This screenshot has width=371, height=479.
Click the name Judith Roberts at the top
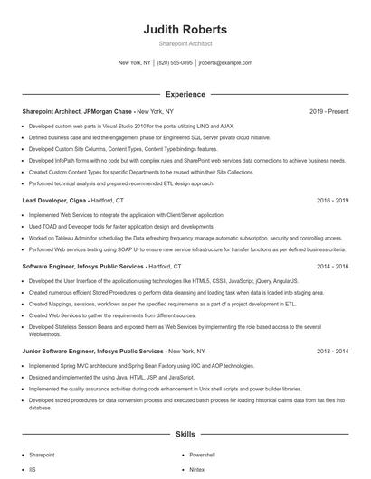point(185,30)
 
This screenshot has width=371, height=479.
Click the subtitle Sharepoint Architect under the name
point(185,43)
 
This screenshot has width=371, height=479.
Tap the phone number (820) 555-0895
point(175,63)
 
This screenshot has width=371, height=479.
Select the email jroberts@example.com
point(225,63)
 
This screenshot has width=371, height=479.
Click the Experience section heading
point(185,93)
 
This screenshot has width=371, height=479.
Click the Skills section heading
point(185,435)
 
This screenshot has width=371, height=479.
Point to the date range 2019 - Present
point(328,111)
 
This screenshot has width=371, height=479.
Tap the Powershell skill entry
point(202,456)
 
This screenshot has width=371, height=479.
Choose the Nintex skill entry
point(198,470)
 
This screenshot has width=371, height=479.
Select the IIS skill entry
point(33,470)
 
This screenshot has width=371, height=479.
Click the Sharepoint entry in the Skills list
point(42,456)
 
